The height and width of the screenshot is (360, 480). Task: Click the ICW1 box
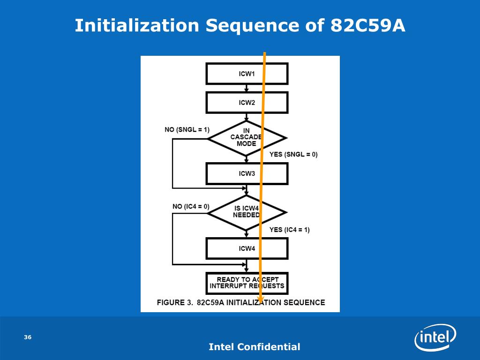[x=247, y=74]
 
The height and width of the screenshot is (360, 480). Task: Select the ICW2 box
[x=247, y=103]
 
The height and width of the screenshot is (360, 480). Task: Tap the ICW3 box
[x=247, y=173]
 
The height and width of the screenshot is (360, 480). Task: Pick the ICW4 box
[x=247, y=248]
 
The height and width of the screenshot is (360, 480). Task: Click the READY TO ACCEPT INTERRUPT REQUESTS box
[x=247, y=283]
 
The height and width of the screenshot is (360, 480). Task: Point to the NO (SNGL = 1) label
[x=187, y=129]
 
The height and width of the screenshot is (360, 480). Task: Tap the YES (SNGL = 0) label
[x=293, y=154]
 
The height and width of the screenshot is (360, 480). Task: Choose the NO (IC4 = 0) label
[x=191, y=206]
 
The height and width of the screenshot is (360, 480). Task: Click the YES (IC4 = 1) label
[x=289, y=230]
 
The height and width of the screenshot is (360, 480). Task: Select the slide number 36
[x=28, y=337]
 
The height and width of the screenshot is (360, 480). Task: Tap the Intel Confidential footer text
[x=254, y=347]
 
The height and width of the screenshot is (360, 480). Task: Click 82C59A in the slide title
[x=367, y=25]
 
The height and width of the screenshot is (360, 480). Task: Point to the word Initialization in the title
[x=137, y=25]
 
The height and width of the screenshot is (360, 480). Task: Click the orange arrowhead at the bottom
[x=261, y=298]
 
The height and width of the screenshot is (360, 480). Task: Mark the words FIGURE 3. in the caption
[x=175, y=302]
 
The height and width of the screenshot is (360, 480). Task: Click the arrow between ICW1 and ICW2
[x=247, y=88]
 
